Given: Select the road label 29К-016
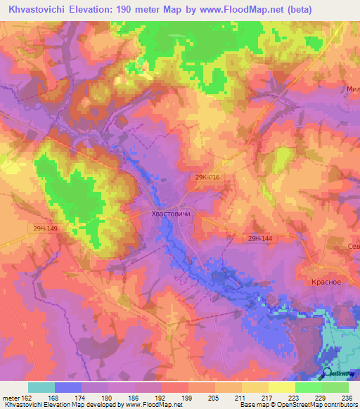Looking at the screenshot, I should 208,178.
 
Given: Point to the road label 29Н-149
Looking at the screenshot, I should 44,229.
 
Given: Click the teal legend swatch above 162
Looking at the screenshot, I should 41,387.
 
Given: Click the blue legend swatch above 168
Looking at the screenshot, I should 68,387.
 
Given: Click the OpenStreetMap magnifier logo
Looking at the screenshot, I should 326,373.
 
